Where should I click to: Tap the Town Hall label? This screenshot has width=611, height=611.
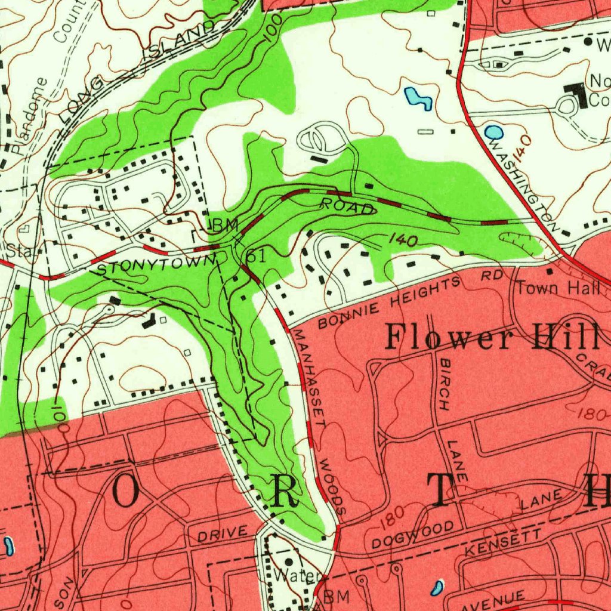pyautogui.click(x=558, y=289)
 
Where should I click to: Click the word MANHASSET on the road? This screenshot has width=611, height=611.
pyautogui.click(x=310, y=378)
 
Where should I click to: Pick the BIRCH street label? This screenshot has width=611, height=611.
pyautogui.click(x=445, y=385)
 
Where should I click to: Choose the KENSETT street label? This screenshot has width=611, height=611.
pyautogui.click(x=503, y=543)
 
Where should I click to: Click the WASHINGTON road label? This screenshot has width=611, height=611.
pyautogui.click(x=523, y=186)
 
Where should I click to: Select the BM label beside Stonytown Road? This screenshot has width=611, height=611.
pyautogui.click(x=225, y=226)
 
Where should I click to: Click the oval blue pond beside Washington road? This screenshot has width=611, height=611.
pyautogui.click(x=493, y=131)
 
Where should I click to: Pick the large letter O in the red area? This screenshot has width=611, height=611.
pyautogui.click(x=125, y=492)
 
